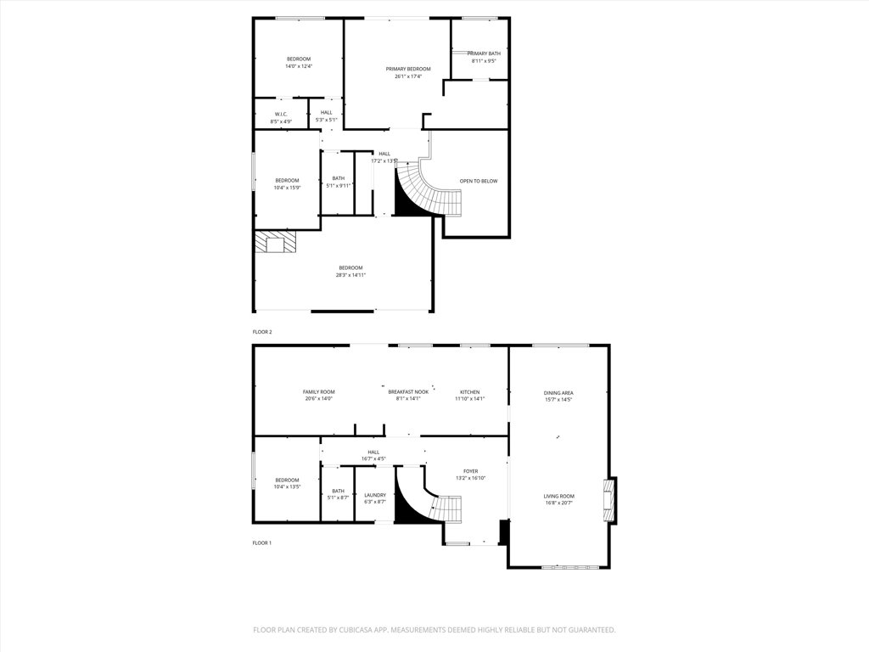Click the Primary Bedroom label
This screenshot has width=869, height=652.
click(x=408, y=69)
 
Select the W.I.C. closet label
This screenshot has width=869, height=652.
click(x=281, y=114)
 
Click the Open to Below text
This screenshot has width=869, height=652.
click(x=479, y=181)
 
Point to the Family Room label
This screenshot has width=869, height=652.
click(x=319, y=391)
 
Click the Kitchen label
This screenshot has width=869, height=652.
click(x=469, y=391)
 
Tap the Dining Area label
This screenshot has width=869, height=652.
click(x=558, y=392)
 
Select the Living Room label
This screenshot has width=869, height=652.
click(x=559, y=496)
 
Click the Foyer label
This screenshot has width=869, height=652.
click(x=470, y=470)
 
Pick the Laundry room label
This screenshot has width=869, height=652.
click(x=375, y=495)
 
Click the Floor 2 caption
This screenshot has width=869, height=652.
click(x=262, y=332)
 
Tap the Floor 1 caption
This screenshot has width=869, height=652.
click(x=262, y=542)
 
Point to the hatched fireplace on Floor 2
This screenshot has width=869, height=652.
click(x=277, y=244)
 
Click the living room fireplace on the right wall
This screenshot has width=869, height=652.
click(x=608, y=500)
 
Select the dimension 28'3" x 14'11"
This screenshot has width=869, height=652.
click(x=350, y=275)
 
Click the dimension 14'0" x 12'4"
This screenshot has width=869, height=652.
click(x=298, y=66)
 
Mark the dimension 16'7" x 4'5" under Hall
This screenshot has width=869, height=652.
click(x=373, y=458)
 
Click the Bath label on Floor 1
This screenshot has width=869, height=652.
click(x=339, y=491)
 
